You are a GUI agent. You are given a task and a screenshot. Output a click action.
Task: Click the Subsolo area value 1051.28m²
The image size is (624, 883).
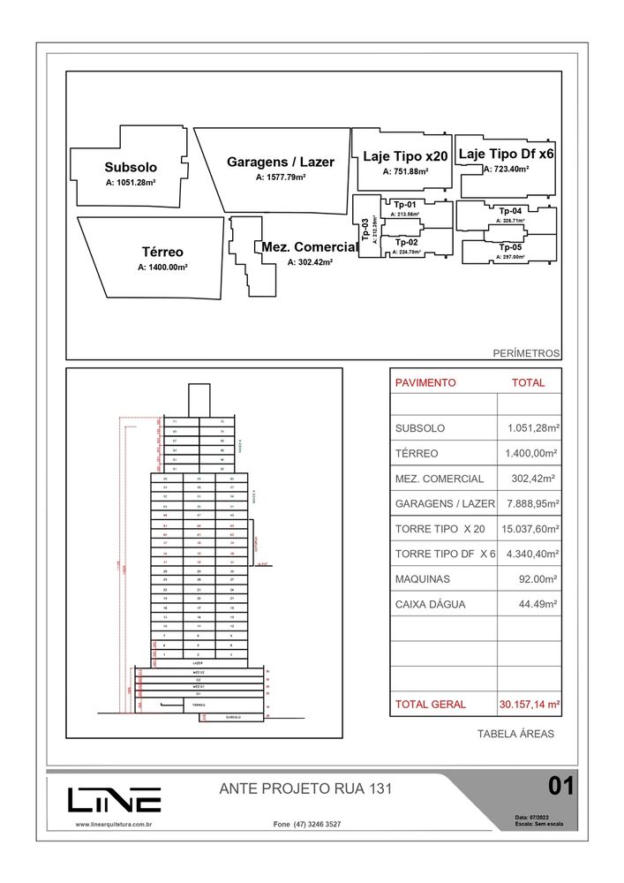pyautogui.click(x=131, y=183)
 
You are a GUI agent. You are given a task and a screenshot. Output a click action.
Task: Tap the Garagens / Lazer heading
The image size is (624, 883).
pyautogui.click(x=281, y=162)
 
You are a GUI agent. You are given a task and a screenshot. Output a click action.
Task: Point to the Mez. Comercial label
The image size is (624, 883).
pyautogui.click(x=309, y=247)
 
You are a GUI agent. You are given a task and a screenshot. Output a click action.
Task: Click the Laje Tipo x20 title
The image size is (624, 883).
pyautogui.click(x=405, y=156)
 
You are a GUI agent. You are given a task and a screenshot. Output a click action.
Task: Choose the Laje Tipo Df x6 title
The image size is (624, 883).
pyautogui.click(x=507, y=154)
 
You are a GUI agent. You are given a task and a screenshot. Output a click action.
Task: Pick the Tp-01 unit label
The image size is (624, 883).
pyautogui.click(x=405, y=205)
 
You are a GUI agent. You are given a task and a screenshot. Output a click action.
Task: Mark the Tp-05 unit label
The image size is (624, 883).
pyautogui.click(x=510, y=246)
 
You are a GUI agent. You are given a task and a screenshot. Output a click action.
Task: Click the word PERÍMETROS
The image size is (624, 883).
pyautogui.click(x=526, y=353)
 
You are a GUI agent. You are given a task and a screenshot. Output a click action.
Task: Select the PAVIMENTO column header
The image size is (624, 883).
pyautogui.click(x=425, y=383)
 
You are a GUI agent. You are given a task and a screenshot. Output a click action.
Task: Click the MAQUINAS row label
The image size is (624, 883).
pyautogui.click(x=422, y=579)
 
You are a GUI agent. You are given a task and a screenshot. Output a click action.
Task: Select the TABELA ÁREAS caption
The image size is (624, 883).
pyautogui.click(x=515, y=734)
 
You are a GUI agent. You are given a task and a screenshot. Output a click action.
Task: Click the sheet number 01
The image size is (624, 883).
pyautogui.click(x=561, y=785)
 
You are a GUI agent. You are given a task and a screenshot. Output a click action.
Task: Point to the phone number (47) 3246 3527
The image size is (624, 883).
pyautogui.click(x=307, y=824)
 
